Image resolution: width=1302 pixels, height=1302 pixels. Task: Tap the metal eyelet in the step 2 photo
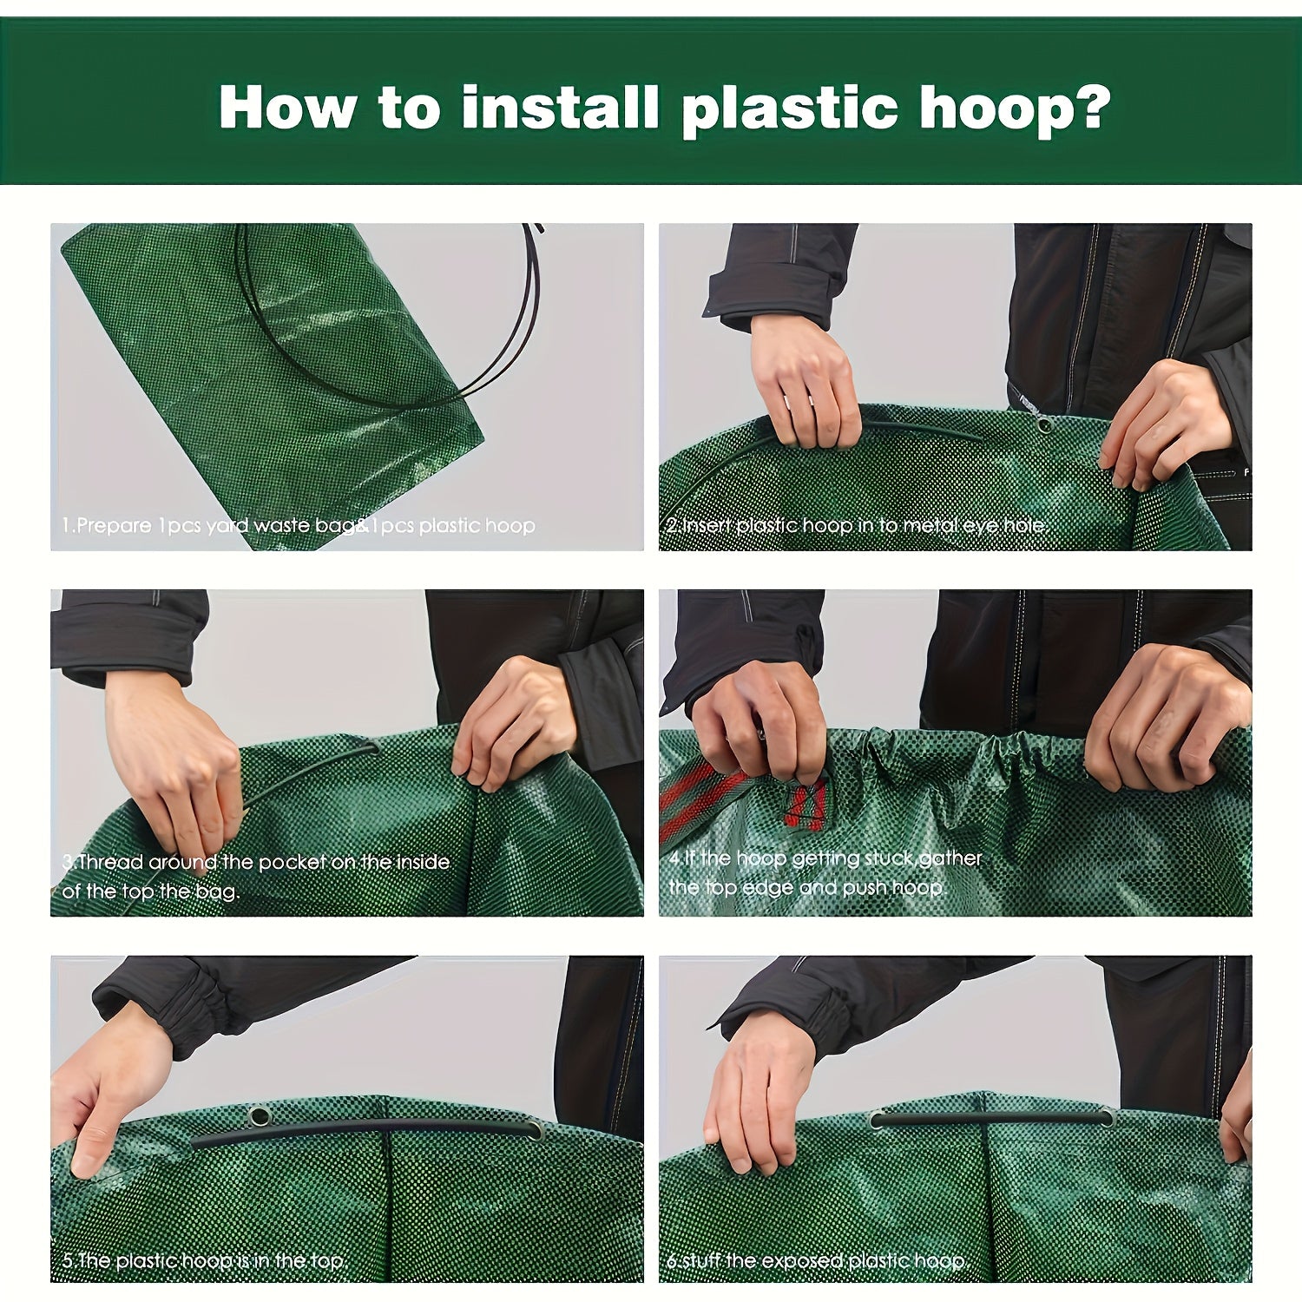pyautogui.click(x=1044, y=424)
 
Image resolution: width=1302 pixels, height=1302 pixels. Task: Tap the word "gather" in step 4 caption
pyautogui.click(x=950, y=859)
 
